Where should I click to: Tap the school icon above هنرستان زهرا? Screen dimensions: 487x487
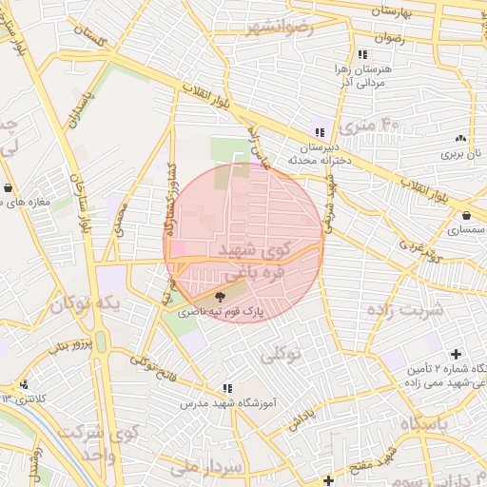362,55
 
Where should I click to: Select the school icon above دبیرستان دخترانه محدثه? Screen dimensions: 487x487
321,132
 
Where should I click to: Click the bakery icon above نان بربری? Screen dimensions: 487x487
461,138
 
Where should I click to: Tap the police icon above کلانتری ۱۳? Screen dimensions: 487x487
22,385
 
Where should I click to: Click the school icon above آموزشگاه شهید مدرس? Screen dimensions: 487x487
226,388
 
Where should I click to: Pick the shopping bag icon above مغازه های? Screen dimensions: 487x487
9,187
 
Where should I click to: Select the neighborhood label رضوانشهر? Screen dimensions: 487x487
278,29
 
